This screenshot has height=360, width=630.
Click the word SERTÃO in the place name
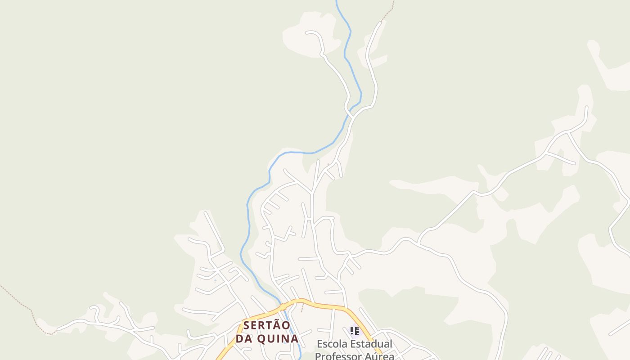[267, 325]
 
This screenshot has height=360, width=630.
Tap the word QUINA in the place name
[278, 338]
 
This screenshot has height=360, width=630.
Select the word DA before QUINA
[245, 338]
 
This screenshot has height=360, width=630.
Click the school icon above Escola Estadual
[355, 331]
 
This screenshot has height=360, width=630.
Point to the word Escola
[333, 344]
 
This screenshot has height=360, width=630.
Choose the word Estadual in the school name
[372, 344]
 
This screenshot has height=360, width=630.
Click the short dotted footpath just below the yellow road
[302, 308]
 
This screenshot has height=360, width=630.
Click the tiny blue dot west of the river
[215, 281]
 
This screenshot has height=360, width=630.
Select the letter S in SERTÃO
[247, 325]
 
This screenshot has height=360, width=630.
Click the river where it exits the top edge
[337, 2]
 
